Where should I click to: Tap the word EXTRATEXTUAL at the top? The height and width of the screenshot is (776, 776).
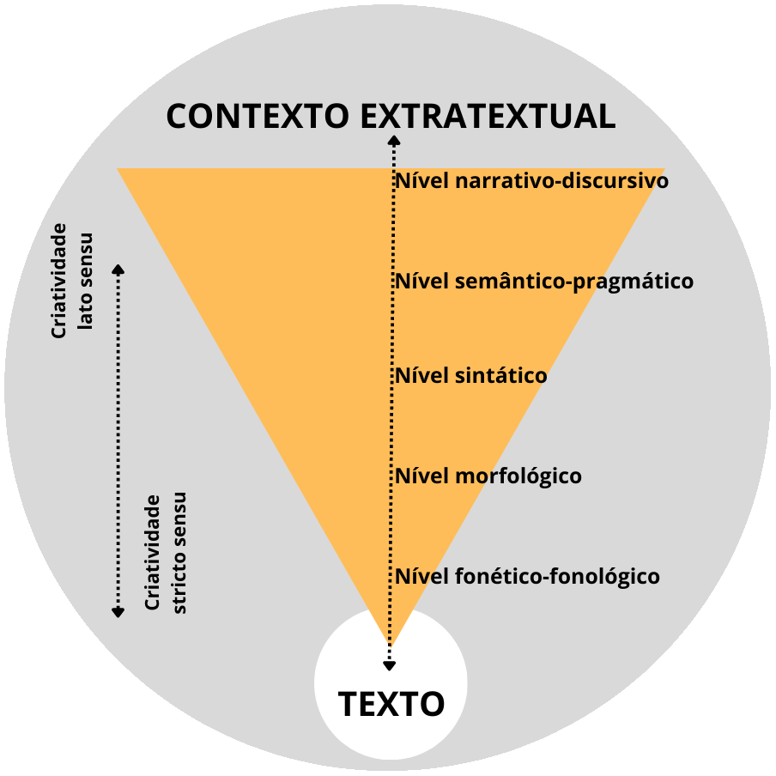tap(488, 116)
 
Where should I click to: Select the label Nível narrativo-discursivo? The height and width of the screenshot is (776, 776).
tap(530, 182)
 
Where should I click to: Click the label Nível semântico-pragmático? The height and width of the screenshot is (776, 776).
tap(543, 282)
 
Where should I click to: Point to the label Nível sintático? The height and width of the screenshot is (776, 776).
tap(470, 376)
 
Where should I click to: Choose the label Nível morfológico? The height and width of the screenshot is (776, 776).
tap(488, 476)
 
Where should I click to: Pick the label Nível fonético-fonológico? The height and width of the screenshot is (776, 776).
tap(527, 576)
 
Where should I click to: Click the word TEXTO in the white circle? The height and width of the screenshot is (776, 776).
tap(391, 704)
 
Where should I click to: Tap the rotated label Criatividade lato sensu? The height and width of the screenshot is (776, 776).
tap(72, 282)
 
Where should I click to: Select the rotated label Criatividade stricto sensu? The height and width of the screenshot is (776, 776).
tap(166, 553)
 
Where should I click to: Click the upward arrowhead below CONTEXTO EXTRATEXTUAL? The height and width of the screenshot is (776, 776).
tap(392, 140)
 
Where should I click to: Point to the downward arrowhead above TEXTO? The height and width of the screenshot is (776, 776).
tap(390, 665)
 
